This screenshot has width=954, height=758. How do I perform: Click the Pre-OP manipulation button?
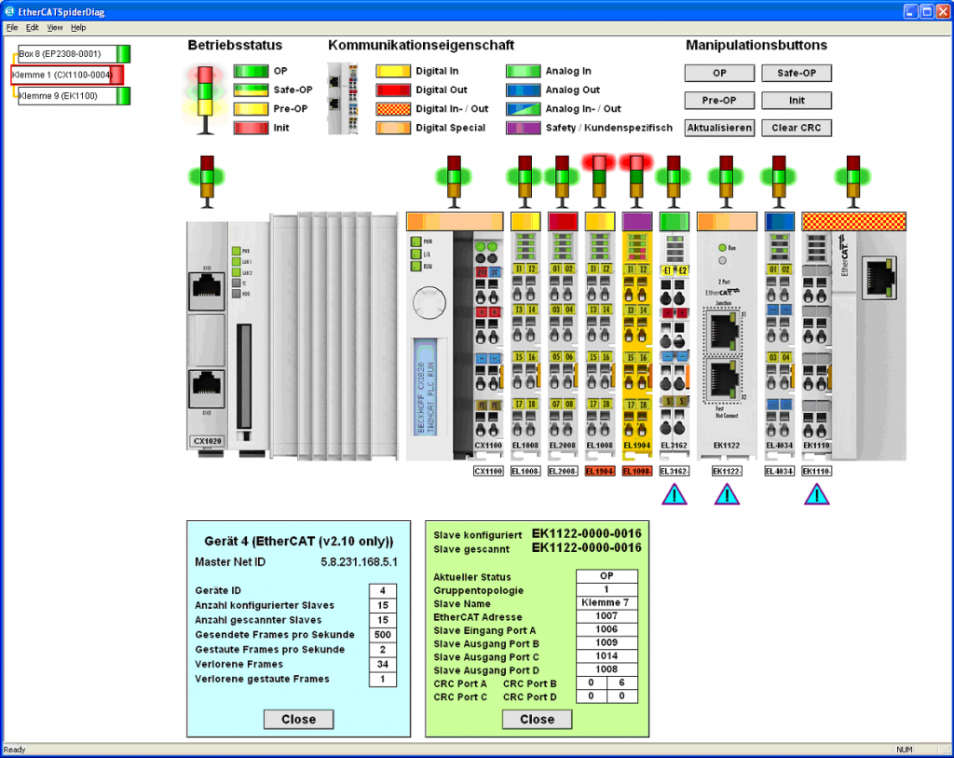point(719,101)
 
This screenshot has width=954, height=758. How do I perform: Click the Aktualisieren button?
point(719,128)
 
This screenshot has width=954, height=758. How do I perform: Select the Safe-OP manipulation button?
point(797,73)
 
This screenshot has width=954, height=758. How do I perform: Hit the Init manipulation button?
point(797,101)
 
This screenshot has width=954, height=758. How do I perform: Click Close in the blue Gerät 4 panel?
point(298,719)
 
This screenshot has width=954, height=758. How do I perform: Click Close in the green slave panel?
point(537,719)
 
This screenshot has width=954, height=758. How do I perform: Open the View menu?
point(55,28)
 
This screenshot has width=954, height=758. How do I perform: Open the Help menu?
point(78,28)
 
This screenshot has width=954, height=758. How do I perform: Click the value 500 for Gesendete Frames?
point(383,635)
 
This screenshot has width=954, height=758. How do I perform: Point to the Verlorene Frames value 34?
point(383,665)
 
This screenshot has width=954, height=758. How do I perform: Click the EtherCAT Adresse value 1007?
point(606,617)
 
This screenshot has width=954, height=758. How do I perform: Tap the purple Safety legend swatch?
point(523,128)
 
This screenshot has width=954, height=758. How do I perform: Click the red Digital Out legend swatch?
point(392,90)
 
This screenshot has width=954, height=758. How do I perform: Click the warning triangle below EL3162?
point(675,494)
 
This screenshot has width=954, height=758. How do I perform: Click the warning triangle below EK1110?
point(817,494)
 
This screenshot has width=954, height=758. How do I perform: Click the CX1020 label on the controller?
point(206,441)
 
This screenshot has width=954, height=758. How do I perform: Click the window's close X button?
point(943,11)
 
